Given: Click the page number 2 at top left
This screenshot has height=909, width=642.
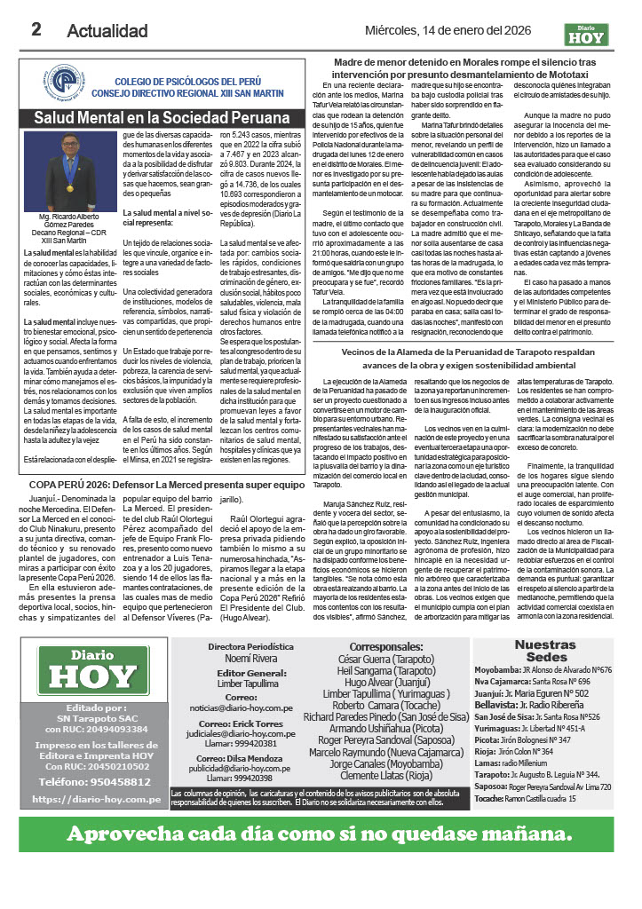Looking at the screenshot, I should pos(36,28).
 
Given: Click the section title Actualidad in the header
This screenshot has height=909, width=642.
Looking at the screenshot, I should pos(107,31).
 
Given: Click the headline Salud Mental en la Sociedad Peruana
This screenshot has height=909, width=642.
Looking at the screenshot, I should pos(162,118).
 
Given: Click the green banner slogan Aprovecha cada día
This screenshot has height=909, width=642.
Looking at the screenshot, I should pos(321,834).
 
